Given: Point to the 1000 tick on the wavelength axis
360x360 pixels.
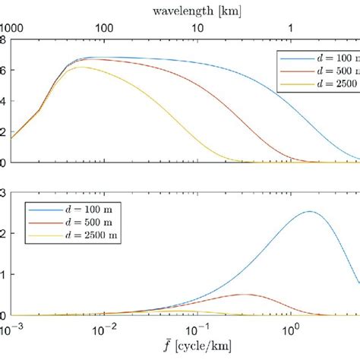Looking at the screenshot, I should click(x=11, y=27).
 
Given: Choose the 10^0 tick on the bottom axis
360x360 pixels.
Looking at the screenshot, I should click(x=290, y=327).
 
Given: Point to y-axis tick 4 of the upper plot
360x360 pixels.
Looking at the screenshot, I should click(x=5, y=101).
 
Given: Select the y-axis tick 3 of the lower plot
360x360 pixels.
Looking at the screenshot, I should click(x=5, y=193).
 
